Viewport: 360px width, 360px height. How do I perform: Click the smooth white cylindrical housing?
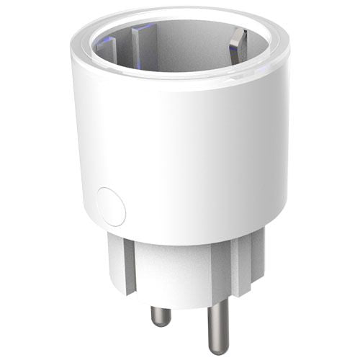(187, 158)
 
